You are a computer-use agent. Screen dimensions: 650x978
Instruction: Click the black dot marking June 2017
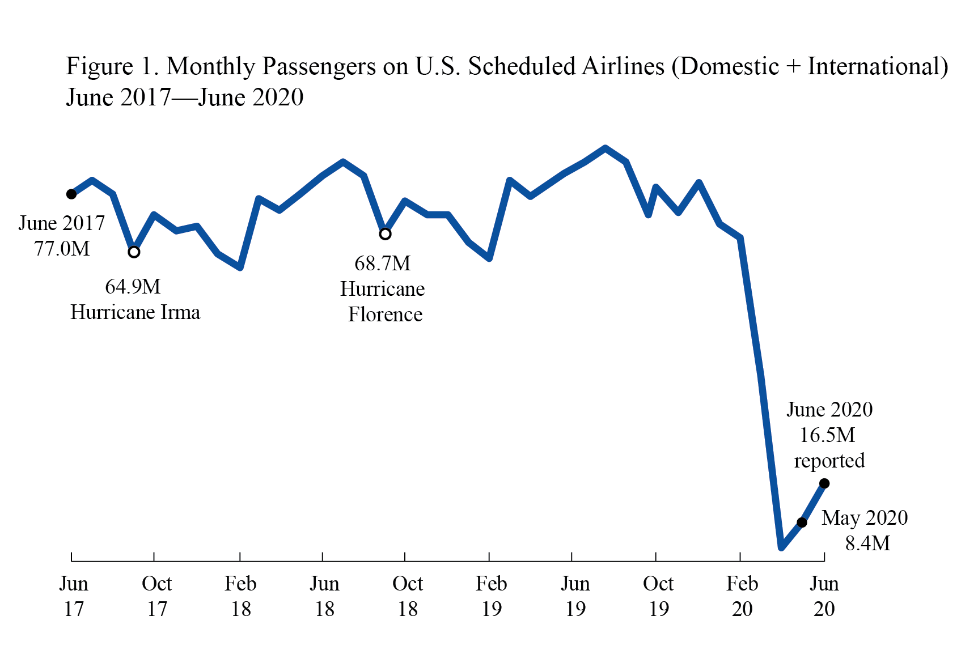tap(71, 194)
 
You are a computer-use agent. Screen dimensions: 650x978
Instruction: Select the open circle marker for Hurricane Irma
tap(134, 252)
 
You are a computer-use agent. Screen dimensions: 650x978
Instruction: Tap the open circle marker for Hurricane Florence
tap(385, 234)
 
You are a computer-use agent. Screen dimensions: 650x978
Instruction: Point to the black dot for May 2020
tap(802, 522)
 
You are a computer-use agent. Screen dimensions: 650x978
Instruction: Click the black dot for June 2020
tap(825, 483)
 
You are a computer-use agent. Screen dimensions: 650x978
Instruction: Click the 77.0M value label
tap(62, 249)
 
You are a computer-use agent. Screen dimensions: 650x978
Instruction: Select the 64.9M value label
tap(133, 287)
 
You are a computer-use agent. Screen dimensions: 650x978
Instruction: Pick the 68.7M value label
tap(383, 264)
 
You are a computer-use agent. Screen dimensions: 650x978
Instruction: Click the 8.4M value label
tap(867, 543)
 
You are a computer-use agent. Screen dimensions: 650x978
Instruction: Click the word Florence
tap(385, 315)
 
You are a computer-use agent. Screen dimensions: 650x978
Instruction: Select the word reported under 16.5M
tap(829, 461)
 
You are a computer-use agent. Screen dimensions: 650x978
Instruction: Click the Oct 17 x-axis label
tap(156, 596)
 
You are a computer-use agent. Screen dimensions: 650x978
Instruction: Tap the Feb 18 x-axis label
tap(240, 596)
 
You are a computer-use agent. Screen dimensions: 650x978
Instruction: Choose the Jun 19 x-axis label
tap(575, 596)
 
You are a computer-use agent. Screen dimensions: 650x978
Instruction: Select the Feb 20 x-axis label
tap(742, 596)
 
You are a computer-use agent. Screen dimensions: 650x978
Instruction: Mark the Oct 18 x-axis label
tap(408, 596)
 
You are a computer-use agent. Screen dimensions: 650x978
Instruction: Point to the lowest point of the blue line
tap(781, 547)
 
